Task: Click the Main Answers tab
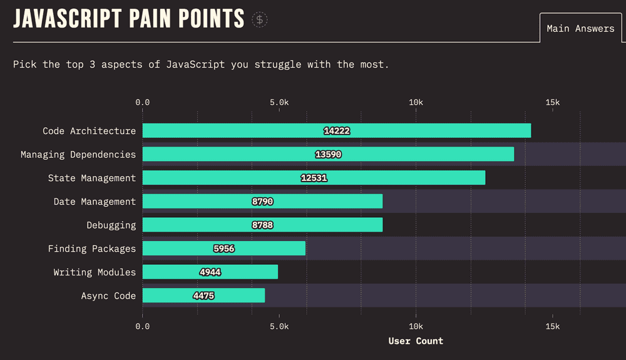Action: click(580, 28)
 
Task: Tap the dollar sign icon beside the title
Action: click(260, 19)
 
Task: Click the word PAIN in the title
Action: click(150, 19)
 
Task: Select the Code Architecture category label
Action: click(89, 131)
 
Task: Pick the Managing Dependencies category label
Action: click(78, 155)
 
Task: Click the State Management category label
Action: click(91, 178)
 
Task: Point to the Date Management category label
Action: click(95, 202)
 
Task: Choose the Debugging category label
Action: click(111, 225)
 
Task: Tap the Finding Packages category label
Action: click(91, 249)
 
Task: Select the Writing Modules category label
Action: click(95, 272)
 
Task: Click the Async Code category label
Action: click(108, 296)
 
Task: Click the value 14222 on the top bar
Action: click(337, 131)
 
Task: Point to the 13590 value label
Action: click(328, 155)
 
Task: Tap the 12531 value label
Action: click(314, 178)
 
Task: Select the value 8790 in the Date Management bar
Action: click(262, 202)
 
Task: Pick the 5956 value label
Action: click(223, 249)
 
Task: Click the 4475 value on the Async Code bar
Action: click(203, 296)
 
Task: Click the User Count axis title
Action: click(416, 341)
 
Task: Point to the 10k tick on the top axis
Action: click(416, 103)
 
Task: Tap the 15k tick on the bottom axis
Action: click(552, 326)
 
